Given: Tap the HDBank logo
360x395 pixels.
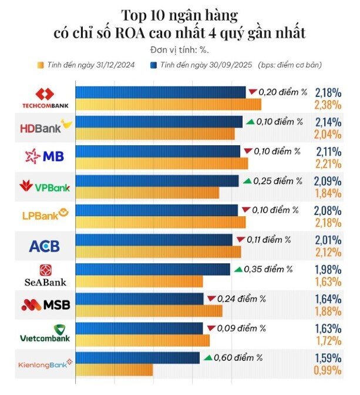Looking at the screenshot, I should coord(45,128).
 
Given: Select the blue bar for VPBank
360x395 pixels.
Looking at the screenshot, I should coord(157,181).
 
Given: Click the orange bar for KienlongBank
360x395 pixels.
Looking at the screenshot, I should coord(114,370).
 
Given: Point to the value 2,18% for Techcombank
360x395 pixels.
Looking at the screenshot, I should coord(328,93).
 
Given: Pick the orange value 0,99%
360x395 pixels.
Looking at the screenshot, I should coord(328,370).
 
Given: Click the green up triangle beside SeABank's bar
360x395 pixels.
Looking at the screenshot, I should coord(238,269).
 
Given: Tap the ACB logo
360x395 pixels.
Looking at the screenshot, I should coord(45,246).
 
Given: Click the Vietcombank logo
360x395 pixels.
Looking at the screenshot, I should coord(45,333).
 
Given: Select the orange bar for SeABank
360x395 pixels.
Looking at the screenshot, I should coord(139,281).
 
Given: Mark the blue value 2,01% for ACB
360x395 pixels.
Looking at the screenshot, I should coord(328,240).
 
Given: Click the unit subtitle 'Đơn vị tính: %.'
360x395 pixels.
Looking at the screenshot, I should coord(179,50).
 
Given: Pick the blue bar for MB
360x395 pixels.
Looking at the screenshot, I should coord(157,152).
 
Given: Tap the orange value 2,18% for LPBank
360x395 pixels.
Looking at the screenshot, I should coord(328,223).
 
